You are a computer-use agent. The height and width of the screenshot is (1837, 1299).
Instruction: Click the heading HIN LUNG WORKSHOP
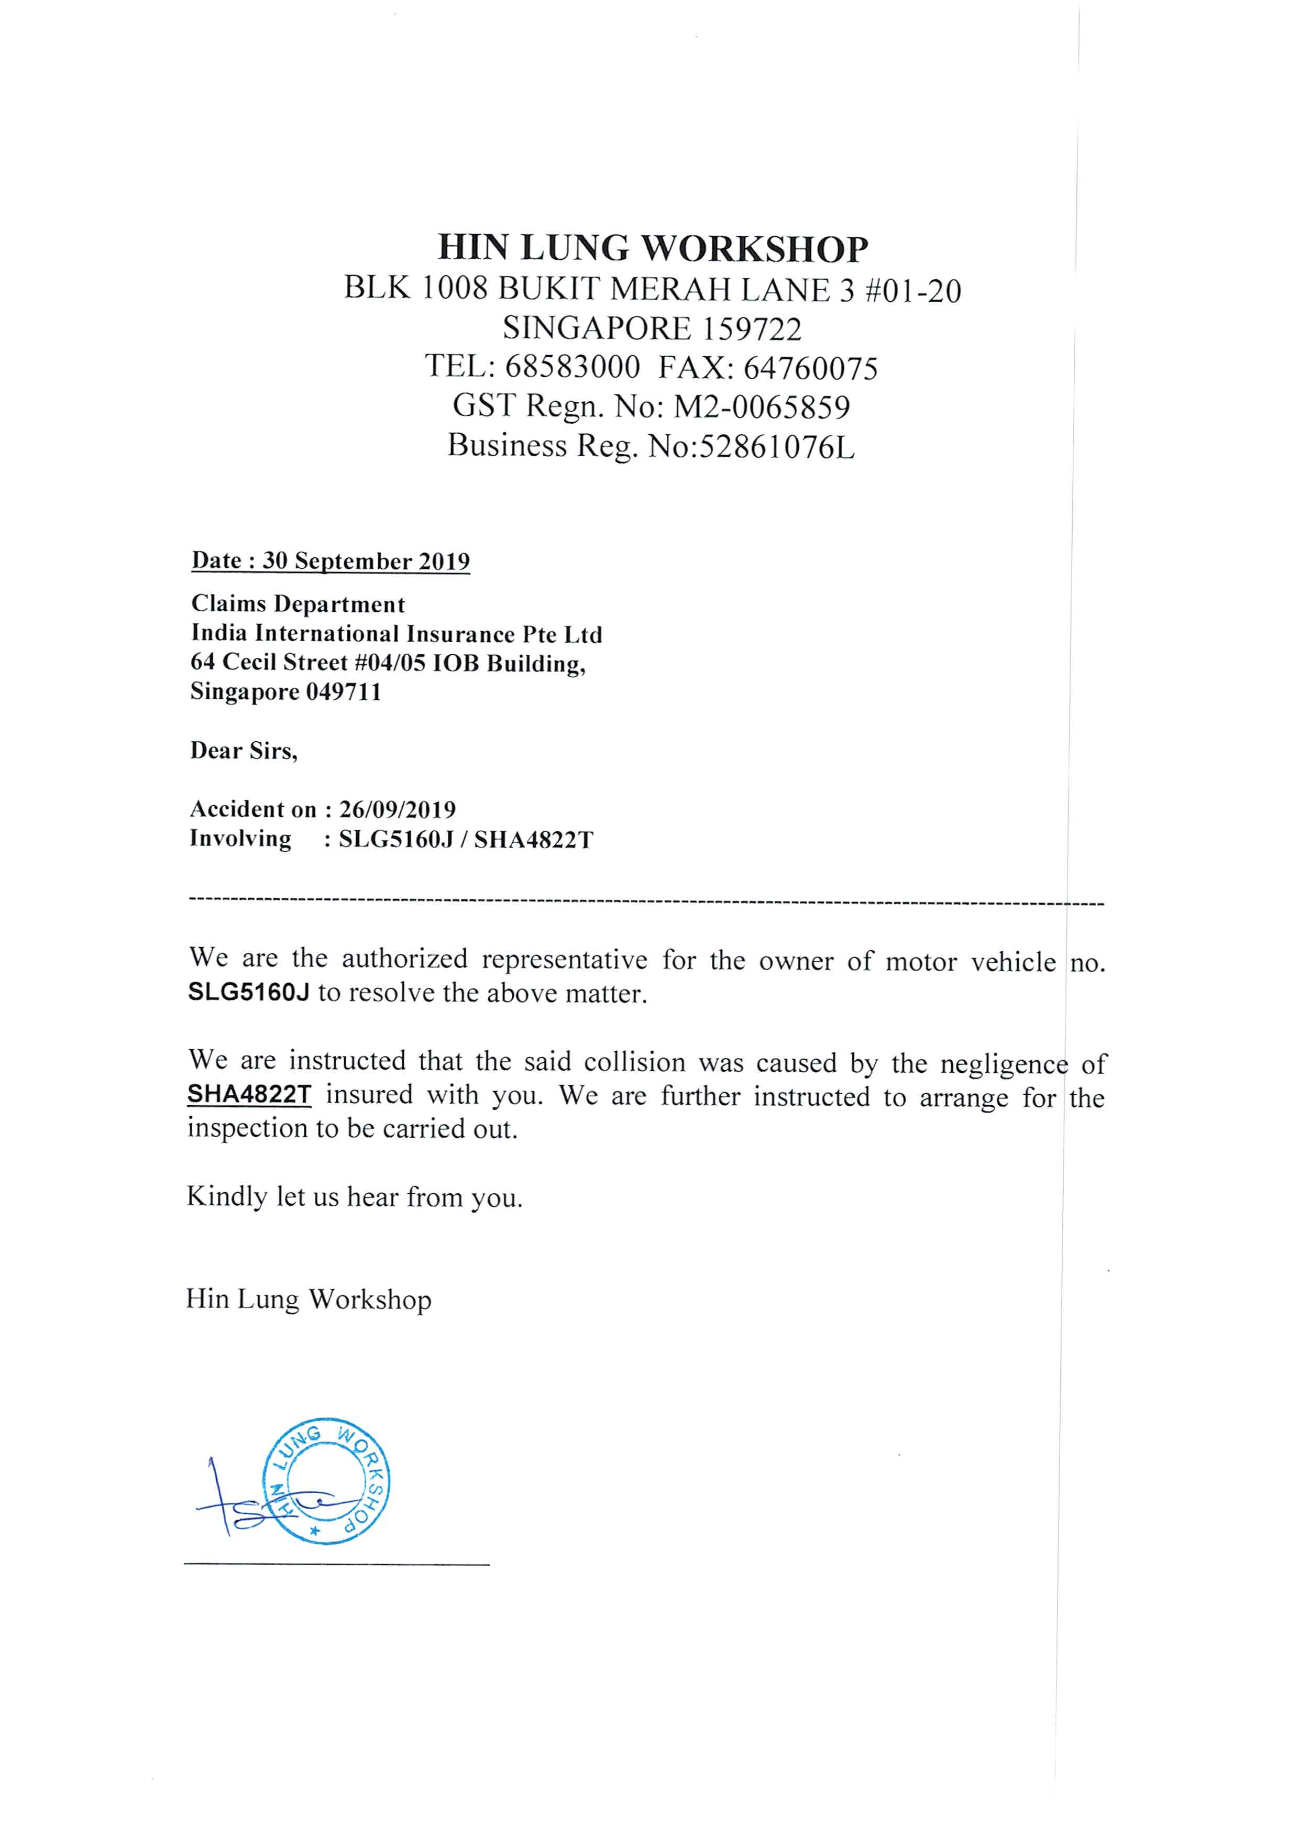pos(652,248)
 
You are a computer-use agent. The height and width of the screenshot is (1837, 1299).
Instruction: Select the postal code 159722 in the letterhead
pos(751,329)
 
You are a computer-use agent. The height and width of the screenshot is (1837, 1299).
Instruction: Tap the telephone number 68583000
pos(573,367)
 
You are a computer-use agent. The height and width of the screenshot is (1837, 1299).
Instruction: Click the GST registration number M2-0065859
pos(762,406)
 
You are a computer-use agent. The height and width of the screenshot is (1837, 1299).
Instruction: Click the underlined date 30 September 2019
pos(366,561)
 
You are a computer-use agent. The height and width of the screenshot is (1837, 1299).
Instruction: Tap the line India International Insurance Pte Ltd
pos(396,634)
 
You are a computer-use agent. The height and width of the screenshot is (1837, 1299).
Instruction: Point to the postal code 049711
pos(344,691)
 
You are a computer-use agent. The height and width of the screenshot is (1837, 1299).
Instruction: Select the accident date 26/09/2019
pos(398,810)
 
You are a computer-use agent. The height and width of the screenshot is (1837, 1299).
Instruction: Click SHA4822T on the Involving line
pos(534,840)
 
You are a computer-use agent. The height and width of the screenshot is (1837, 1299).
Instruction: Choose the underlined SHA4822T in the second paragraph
pos(249,1094)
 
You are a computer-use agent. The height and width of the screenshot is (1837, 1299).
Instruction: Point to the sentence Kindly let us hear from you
pos(355,1197)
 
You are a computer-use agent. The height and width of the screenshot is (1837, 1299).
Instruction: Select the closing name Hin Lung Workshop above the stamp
pos(308,1299)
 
